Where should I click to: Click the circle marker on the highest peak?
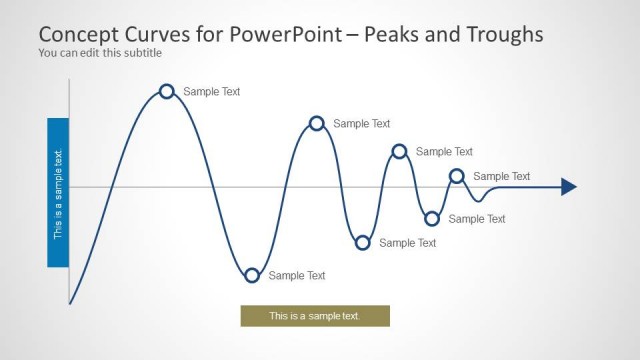tap(167, 92)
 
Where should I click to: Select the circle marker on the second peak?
tap(317, 123)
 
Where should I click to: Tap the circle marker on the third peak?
tap(399, 151)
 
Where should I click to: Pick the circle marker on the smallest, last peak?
tap(457, 176)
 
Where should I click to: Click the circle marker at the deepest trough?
tap(252, 275)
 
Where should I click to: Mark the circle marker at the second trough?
tap(363, 242)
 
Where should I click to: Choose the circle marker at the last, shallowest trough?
tap(432, 218)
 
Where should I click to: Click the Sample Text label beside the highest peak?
tap(211, 92)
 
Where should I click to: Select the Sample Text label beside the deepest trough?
tap(297, 275)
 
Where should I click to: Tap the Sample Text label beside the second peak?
tap(361, 124)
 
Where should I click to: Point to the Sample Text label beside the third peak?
tap(444, 152)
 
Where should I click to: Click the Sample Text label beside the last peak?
tap(502, 176)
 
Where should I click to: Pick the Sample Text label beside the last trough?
tap(477, 219)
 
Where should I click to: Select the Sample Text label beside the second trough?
tap(408, 243)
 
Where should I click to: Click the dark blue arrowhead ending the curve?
tap(568, 186)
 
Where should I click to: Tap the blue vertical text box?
tap(58, 193)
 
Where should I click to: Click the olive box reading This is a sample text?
tap(315, 316)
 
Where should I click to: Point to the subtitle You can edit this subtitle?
tap(100, 53)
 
